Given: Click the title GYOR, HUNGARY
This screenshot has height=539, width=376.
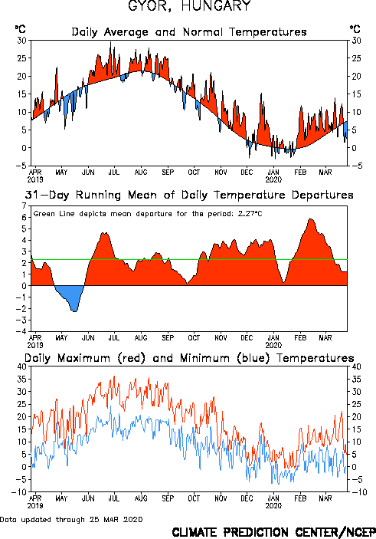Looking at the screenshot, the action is (x=190, y=6).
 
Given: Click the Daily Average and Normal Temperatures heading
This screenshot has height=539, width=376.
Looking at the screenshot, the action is (x=189, y=32).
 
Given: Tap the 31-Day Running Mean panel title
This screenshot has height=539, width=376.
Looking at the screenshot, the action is (x=189, y=195).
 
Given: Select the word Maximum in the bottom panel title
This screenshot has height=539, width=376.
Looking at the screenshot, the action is (x=83, y=358).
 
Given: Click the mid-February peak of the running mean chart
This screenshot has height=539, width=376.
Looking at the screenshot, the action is (x=311, y=219).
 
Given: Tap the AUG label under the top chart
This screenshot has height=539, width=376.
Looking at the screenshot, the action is (x=141, y=173).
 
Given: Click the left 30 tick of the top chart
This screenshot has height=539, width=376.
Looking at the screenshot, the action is (x=21, y=41).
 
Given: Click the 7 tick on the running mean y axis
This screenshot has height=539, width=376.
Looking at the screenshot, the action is (x=24, y=206).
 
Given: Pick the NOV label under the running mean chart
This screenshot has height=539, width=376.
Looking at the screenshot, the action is (x=221, y=338).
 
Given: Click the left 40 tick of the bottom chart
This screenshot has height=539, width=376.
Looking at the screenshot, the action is (x=21, y=366).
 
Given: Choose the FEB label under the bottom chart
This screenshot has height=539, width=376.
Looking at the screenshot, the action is (x=300, y=498).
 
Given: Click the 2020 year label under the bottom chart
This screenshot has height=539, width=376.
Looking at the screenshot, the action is (x=273, y=506).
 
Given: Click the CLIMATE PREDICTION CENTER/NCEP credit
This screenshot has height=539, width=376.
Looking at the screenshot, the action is (x=273, y=532).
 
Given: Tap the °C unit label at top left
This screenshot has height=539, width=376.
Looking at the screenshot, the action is (x=20, y=29).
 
